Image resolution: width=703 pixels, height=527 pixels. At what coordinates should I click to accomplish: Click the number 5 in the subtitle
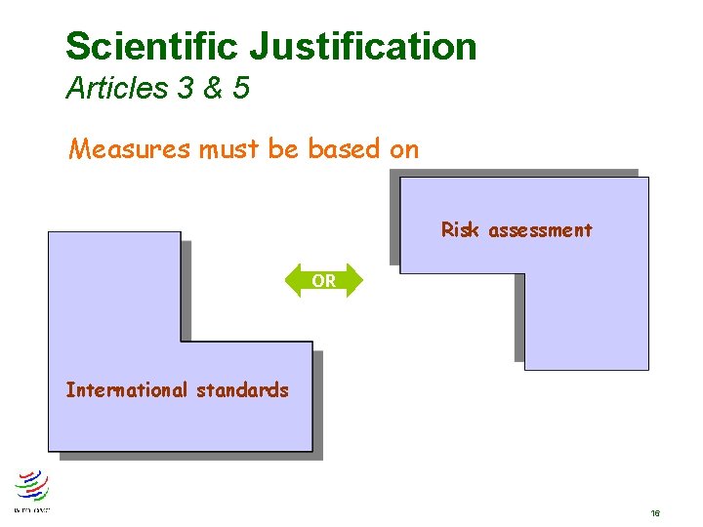click(241, 89)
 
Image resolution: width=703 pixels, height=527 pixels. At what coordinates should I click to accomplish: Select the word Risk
click(460, 230)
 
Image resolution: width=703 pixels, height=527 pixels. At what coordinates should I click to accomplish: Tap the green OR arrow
click(323, 281)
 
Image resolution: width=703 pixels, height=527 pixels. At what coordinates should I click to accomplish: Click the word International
click(126, 390)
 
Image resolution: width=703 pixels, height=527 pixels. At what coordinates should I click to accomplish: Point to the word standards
click(242, 390)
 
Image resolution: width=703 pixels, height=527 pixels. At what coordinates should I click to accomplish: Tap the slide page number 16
click(654, 512)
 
